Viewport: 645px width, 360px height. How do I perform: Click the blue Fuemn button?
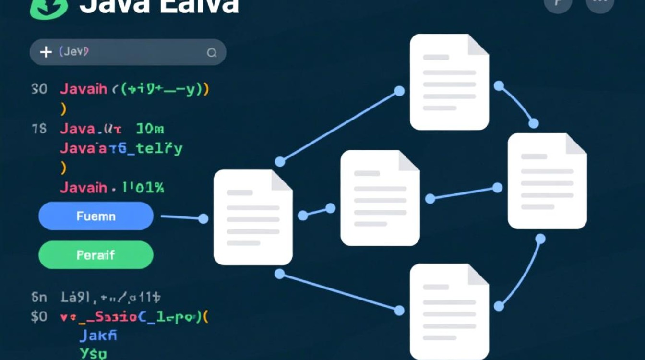(x=96, y=216)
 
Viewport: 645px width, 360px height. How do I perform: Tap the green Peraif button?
(x=96, y=255)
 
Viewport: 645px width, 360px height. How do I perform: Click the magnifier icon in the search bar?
(x=212, y=53)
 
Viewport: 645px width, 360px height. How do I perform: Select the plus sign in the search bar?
(x=46, y=52)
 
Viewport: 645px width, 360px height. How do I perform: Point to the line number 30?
(x=39, y=89)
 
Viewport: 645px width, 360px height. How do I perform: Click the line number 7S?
(x=39, y=129)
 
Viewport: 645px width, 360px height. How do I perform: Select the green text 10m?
(x=150, y=129)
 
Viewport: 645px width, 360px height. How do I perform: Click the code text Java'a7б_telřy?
(x=121, y=148)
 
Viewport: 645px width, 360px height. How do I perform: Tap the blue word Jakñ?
(x=98, y=335)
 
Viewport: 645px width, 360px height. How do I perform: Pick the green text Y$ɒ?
(x=93, y=353)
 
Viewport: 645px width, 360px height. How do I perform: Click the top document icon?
(x=449, y=82)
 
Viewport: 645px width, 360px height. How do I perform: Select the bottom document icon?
(x=449, y=312)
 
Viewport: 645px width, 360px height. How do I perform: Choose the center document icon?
(x=380, y=198)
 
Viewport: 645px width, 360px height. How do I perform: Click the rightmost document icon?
(x=547, y=181)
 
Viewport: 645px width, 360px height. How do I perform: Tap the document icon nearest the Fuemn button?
(x=253, y=217)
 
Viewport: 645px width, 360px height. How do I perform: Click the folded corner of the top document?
(x=478, y=44)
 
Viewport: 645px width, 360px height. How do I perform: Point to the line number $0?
(x=39, y=317)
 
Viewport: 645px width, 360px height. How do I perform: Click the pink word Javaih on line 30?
(x=84, y=89)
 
